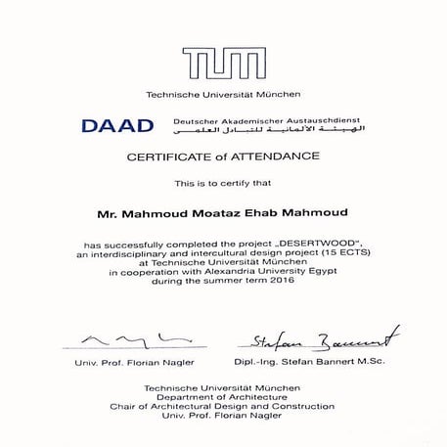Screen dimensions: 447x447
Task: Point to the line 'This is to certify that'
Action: pos(224,183)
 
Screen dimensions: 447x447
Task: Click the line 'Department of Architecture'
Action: pos(224,397)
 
